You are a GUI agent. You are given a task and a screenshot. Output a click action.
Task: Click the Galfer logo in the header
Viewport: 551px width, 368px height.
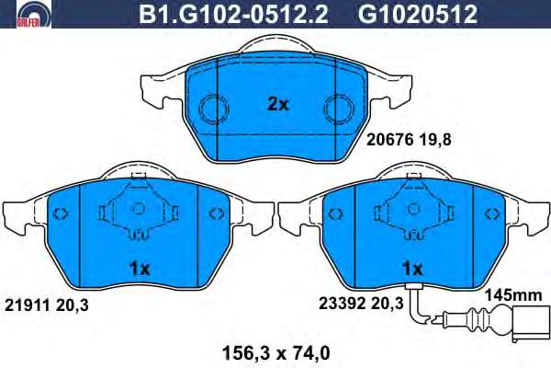tap(34, 15)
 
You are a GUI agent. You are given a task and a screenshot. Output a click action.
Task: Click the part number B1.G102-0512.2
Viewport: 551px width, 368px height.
tap(233, 14)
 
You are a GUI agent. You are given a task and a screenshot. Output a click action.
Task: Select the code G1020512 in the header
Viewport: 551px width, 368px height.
tap(418, 14)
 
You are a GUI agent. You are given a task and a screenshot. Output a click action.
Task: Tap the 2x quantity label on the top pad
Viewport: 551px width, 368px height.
tap(277, 104)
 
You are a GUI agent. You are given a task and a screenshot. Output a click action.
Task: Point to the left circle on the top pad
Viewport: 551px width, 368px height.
tap(214, 109)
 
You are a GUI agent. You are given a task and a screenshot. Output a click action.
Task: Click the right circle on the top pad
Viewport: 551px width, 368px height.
tap(339, 109)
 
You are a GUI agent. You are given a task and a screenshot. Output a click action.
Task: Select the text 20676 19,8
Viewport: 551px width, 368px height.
tap(409, 140)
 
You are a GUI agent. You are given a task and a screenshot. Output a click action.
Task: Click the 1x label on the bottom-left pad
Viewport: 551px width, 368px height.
tap(140, 269)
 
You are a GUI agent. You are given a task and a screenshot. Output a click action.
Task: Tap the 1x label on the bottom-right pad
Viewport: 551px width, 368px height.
tap(412, 269)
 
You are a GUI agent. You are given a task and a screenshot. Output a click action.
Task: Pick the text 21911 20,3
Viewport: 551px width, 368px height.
tap(47, 305)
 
